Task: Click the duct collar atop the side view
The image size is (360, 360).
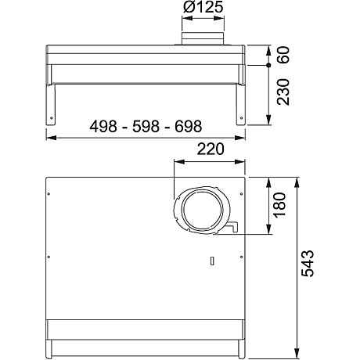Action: pyautogui.click(x=202, y=39)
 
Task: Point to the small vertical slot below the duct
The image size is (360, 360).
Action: pyautogui.click(x=212, y=261)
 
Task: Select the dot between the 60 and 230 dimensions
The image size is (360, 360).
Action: pyautogui.click(x=268, y=67)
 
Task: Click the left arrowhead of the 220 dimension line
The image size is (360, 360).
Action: pyautogui.click(x=174, y=164)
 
